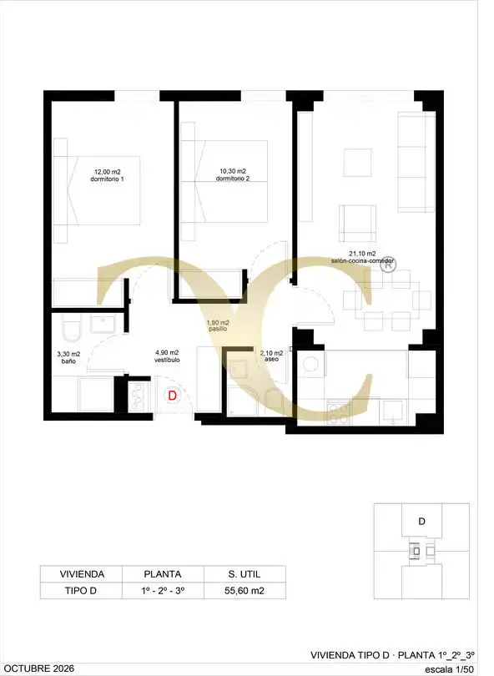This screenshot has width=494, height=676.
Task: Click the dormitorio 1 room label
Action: tap(107, 179)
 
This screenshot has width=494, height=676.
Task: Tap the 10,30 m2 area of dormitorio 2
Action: tap(232, 171)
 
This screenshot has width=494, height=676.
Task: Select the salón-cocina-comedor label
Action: tap(362, 260)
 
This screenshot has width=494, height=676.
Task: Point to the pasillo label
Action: tap(218, 329)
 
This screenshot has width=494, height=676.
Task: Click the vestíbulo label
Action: tap(167, 360)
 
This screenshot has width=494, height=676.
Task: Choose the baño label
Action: tap(68, 361)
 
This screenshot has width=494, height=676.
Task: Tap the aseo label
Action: tap(271, 359)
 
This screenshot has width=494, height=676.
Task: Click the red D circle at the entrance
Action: tap(173, 396)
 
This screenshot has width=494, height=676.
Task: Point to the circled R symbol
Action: tap(388, 265)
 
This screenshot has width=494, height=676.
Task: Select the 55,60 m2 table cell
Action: tap(244, 591)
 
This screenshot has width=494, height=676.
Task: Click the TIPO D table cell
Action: tap(81, 591)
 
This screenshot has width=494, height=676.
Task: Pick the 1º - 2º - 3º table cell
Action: tap(163, 591)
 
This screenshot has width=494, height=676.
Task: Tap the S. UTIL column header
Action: tap(244, 574)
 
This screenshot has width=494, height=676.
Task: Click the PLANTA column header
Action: tap(163, 574)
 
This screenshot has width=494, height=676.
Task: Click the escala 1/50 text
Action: tap(450, 668)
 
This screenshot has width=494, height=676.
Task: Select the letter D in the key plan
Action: tap(421, 522)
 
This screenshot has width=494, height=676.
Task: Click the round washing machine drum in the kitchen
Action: tap(310, 365)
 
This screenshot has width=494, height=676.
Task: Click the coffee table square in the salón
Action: tap(358, 162)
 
